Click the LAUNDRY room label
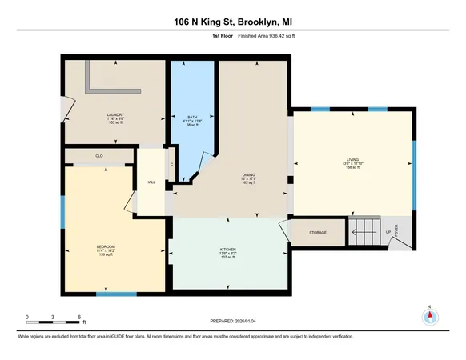(115, 114)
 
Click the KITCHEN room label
(227, 250)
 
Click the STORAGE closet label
(318, 234)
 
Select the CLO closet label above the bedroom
(99, 155)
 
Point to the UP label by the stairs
(389, 233)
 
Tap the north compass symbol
(429, 316)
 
